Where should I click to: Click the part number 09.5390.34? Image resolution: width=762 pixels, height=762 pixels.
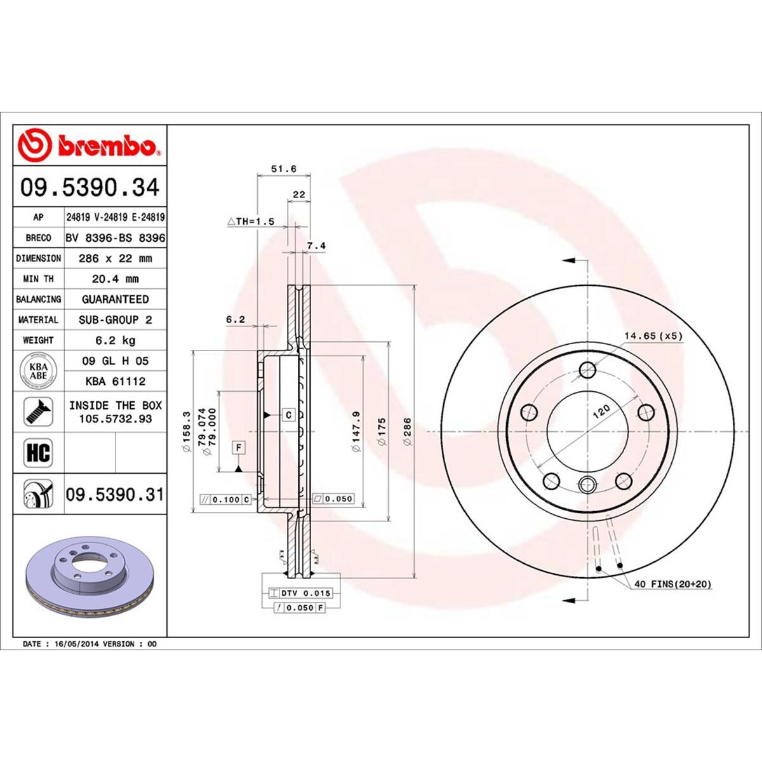pos(89,188)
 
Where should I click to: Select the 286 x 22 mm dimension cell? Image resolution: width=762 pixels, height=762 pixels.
pos(115,258)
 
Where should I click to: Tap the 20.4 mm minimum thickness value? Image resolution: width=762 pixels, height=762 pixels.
pos(115,279)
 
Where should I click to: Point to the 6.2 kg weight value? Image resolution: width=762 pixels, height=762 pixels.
pos(115,340)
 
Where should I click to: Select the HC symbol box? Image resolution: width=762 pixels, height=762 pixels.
pos(39,453)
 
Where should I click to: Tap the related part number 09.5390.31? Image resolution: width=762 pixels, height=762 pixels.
pos(115,494)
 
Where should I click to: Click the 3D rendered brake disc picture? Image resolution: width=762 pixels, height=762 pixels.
pos(89,575)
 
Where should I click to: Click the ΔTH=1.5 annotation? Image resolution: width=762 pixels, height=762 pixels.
pos(250,222)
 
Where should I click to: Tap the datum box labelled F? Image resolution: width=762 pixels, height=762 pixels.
pos(239,448)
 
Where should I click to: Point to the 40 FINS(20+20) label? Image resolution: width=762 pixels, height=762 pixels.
pos(672,584)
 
